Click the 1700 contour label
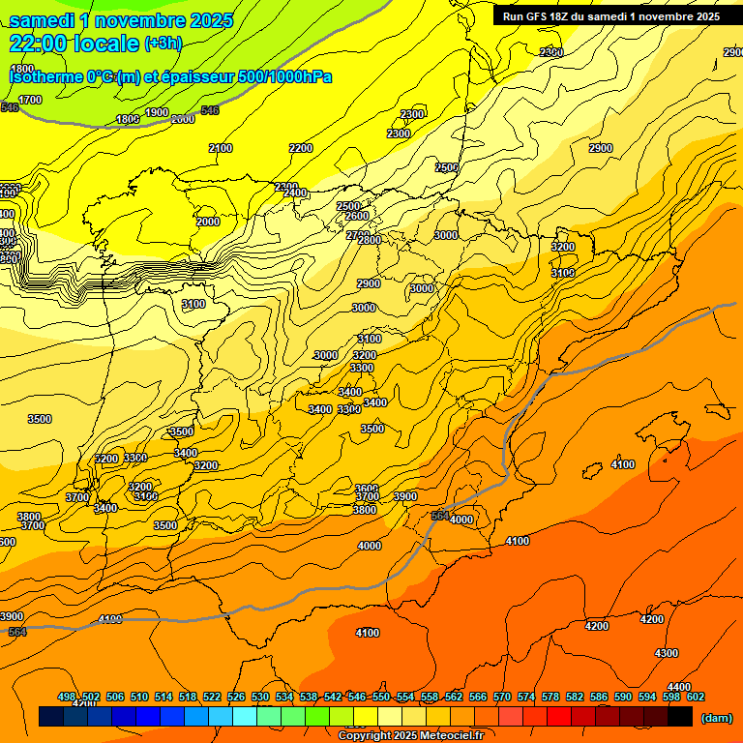pyautogui.click(x=30, y=100)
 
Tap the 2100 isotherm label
pyautogui.click(x=221, y=148)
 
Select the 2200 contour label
pyautogui.click(x=301, y=148)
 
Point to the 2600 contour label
pyautogui.click(x=357, y=216)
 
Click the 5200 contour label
pyautogui.click(x=107, y=459)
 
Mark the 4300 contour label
pyautogui.click(x=667, y=653)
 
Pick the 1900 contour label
pyautogui.click(x=157, y=112)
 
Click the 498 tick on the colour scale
pyautogui.click(x=67, y=697)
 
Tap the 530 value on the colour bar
pyautogui.click(x=260, y=697)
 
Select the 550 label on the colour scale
pyautogui.click(x=381, y=697)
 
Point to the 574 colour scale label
pyautogui.click(x=526, y=697)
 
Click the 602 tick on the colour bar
pyautogui.click(x=696, y=697)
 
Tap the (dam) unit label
pyautogui.click(x=716, y=718)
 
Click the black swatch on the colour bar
pyautogui.click(x=680, y=717)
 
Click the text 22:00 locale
pyautogui.click(x=74, y=44)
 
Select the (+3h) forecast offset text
pyautogui.click(x=162, y=44)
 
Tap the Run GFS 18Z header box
pyautogui.click(x=610, y=15)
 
